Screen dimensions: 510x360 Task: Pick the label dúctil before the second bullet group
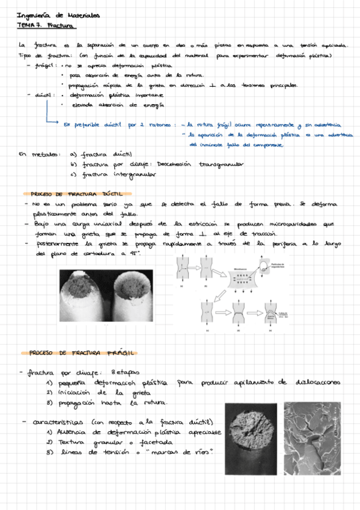pyautogui.click(x=46, y=94)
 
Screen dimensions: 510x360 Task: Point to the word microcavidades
pyautogui.click(x=301, y=224)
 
